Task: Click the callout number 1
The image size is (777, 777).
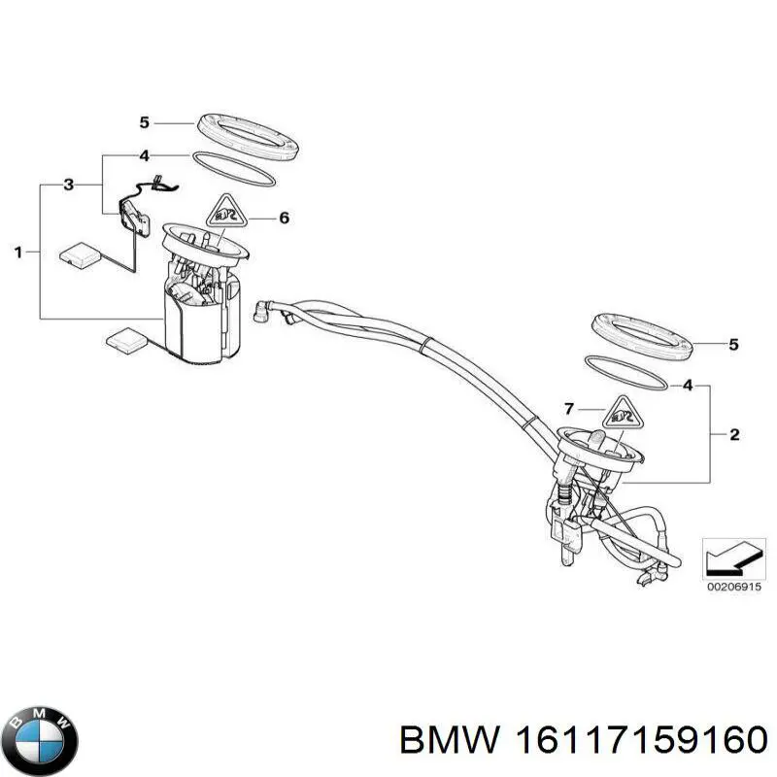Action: click(x=18, y=253)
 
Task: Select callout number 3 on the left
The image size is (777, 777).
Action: click(x=68, y=184)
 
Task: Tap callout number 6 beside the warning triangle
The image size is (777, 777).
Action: click(x=284, y=219)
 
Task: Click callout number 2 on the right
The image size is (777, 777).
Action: click(x=734, y=434)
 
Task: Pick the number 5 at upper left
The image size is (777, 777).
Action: click(x=144, y=122)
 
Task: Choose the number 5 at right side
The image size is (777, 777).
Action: click(x=734, y=344)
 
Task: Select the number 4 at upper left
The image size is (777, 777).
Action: click(x=144, y=155)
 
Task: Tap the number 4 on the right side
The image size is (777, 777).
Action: click(x=689, y=386)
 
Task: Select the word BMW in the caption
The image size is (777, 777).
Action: click(x=446, y=740)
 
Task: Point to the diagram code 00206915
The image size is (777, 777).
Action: click(x=733, y=589)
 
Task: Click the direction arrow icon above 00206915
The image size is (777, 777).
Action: click(x=733, y=557)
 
